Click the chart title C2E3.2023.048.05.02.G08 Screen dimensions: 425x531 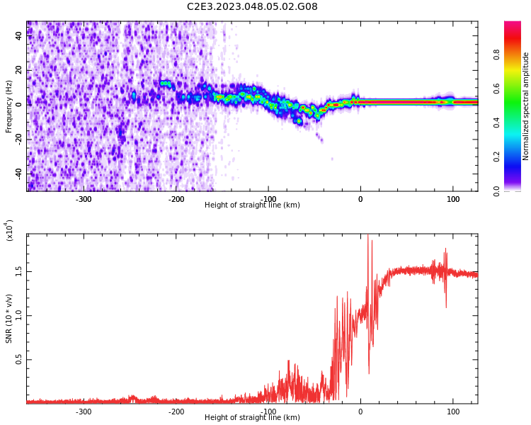click(x=252, y=7)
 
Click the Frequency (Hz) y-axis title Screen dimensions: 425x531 click(x=9, y=106)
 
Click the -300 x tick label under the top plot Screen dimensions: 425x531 click(x=84, y=199)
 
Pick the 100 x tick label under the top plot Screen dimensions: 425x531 click(x=452, y=199)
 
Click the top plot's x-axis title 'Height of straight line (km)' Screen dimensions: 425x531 click(x=252, y=205)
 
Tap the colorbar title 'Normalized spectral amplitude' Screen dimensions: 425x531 click(x=526, y=106)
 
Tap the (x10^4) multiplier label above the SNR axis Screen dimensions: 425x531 click(x=10, y=230)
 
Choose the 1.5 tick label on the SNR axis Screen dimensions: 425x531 click(x=18, y=271)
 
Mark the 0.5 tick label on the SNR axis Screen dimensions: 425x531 click(x=18, y=360)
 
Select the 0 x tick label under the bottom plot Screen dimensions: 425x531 click(x=360, y=412)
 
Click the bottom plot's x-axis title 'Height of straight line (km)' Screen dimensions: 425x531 click(x=252, y=418)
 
